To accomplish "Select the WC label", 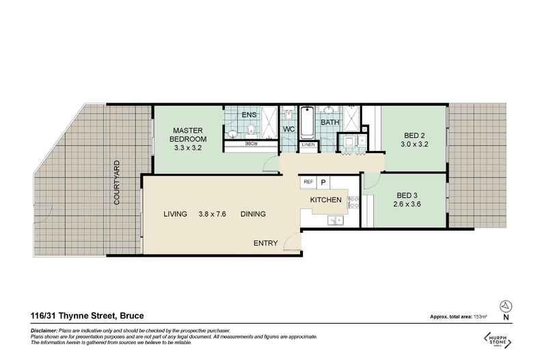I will click(x=288, y=128).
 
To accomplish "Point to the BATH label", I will click(x=330, y=123).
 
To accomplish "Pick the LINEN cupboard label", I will click(x=308, y=144).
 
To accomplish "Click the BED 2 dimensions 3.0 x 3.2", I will click(x=414, y=145).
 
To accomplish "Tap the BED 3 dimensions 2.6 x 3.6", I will click(x=409, y=203).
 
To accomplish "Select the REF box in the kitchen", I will click(x=308, y=182).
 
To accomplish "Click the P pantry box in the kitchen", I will click(x=324, y=182).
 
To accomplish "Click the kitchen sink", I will click(x=333, y=219).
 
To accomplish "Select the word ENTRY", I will click(x=266, y=243).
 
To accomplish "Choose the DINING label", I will click(x=253, y=214).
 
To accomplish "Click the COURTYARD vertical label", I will click(x=117, y=183).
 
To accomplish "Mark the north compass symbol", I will click(x=505, y=306).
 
